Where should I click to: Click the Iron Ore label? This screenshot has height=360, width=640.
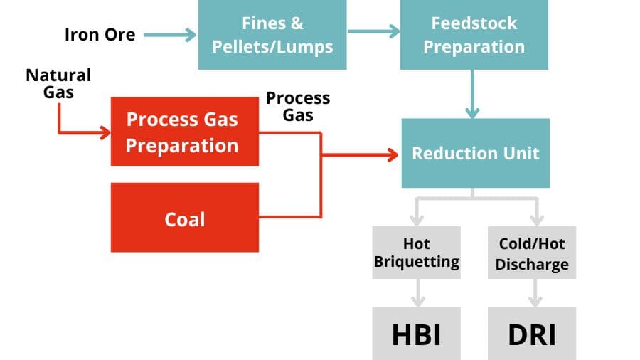pyautogui.click(x=100, y=34)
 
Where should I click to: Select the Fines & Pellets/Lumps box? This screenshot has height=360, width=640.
pyautogui.click(x=272, y=34)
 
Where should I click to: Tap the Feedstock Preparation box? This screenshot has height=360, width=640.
pyautogui.click(x=474, y=34)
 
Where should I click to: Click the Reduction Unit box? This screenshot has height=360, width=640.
pyautogui.click(x=475, y=153)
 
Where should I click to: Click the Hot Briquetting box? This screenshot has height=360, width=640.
pyautogui.click(x=416, y=253)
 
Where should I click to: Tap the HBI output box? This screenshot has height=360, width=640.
pyautogui.click(x=416, y=334)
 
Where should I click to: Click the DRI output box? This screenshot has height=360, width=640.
pyautogui.click(x=532, y=334)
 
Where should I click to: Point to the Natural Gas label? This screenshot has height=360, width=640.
pyautogui.click(x=59, y=83)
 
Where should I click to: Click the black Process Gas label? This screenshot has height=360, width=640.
pyautogui.click(x=298, y=106)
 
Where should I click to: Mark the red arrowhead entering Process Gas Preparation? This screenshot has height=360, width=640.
pyautogui.click(x=105, y=132)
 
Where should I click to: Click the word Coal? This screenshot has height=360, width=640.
pyautogui.click(x=184, y=218)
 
